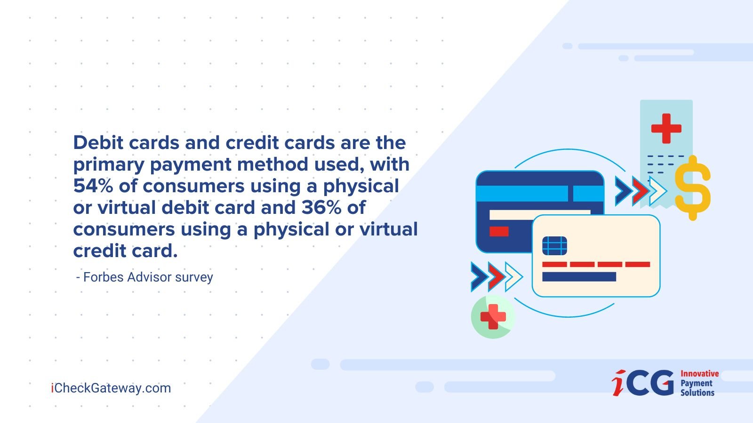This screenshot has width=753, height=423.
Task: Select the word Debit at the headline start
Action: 98,142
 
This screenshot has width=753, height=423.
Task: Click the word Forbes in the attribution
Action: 104,277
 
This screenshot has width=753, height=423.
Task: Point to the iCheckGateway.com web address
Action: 111,388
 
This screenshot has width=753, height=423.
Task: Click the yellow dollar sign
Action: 693,188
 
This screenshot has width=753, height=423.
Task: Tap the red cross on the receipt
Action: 666,129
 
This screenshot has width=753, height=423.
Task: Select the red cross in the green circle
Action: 493,317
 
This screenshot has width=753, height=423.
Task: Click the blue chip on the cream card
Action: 555,246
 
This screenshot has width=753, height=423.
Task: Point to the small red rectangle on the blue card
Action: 499,231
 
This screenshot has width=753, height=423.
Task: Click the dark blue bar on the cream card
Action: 579,277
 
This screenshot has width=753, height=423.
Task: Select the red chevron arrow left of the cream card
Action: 497,277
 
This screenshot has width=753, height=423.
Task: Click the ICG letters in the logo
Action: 643,383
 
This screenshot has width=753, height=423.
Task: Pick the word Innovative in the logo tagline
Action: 699,374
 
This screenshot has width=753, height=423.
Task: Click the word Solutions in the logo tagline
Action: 697,392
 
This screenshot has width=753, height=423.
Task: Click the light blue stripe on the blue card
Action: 540,193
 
